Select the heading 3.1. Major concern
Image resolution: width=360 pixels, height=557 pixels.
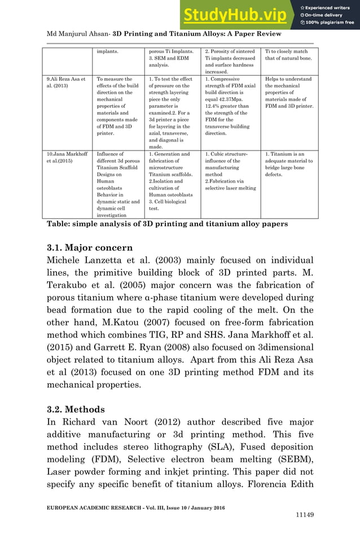coord(90,247)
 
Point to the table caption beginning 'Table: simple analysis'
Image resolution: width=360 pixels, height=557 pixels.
coord(167,224)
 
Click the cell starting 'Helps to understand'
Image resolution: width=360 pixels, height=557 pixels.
coord(288,93)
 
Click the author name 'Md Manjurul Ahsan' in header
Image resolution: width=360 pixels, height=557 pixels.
coord(77,34)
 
